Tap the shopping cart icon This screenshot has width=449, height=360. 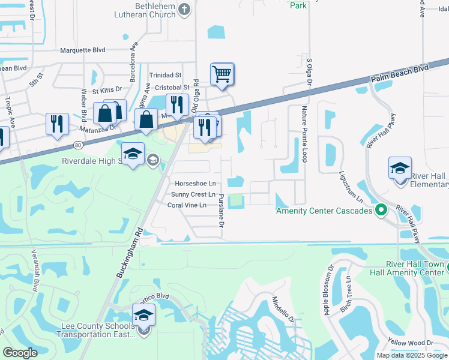click(222, 74)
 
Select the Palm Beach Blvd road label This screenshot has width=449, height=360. click(409, 70)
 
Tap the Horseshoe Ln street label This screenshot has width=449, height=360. click(195, 184)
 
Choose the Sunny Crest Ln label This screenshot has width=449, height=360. click(193, 194)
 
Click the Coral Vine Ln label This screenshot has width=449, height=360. click(187, 205)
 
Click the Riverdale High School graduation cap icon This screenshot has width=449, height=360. click(133, 154)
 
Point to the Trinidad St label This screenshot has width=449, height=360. click(165, 75)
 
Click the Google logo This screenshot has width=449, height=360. click(20, 353)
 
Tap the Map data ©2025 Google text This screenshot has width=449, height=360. click(411, 355)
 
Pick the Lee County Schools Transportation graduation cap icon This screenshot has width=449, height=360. click(144, 314)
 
